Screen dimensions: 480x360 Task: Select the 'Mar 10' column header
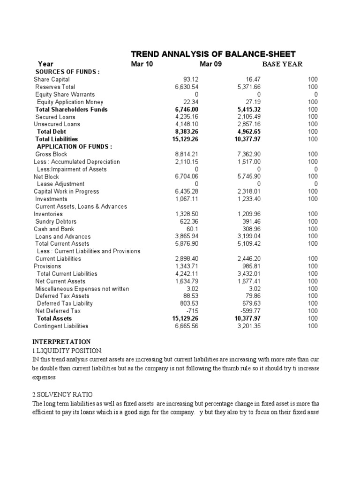tap(142, 64)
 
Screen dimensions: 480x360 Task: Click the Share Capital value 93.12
tap(191, 80)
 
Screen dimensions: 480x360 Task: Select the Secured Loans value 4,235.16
tap(186, 117)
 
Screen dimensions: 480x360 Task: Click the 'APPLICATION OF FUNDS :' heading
tap(74, 147)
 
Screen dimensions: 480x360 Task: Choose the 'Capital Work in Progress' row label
tap(66, 192)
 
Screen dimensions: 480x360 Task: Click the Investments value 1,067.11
tap(186, 199)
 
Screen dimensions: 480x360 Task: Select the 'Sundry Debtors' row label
tap(56, 222)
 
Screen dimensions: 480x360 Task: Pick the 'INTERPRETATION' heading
tap(61, 342)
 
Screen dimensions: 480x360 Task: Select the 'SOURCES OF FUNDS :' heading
tap(68, 72)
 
